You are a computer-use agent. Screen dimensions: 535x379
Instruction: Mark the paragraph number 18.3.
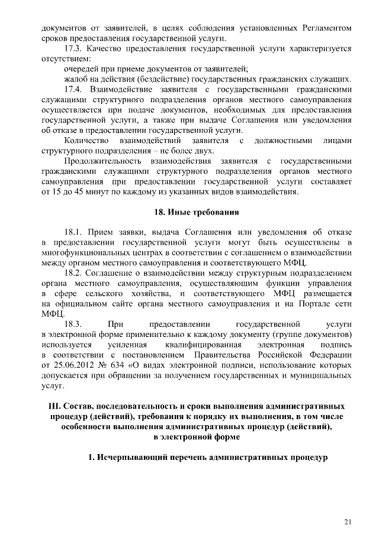click(75, 325)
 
